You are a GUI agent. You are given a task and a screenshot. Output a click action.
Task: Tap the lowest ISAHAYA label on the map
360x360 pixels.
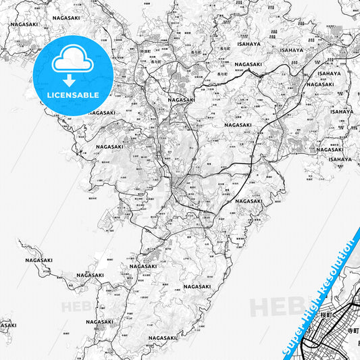pyautogui.click(x=340, y=159)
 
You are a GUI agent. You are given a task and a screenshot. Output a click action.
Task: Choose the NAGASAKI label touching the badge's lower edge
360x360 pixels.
pyautogui.click(x=101, y=113)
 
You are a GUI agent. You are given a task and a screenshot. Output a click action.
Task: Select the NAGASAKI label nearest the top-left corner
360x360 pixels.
pyautogui.click(x=24, y=24)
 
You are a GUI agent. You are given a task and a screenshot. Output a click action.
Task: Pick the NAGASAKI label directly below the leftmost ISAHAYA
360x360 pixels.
pyautogui.click(x=249, y=64)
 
